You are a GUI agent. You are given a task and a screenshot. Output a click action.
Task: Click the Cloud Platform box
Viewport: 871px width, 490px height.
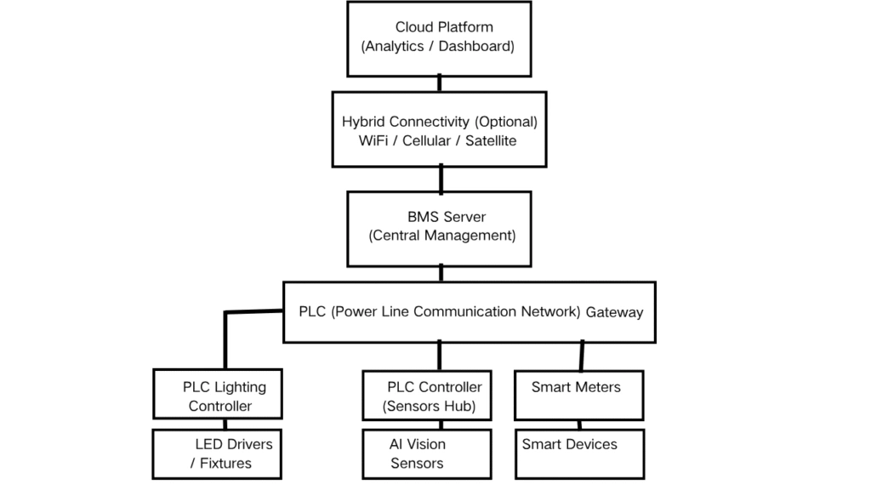click(438, 38)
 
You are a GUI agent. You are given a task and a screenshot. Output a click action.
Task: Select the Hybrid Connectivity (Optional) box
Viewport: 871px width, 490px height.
click(439, 130)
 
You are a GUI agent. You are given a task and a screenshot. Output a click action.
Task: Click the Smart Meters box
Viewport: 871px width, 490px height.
click(579, 395)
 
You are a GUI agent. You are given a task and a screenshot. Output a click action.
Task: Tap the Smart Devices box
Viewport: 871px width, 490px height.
click(579, 453)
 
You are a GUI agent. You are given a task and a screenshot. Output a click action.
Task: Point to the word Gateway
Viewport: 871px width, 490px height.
click(614, 312)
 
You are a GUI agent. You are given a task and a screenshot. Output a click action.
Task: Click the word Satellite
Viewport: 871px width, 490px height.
click(491, 140)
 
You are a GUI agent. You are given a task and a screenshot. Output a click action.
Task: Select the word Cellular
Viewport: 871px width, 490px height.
click(425, 140)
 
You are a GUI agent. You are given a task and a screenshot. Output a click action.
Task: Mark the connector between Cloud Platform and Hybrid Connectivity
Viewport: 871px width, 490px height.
click(439, 83)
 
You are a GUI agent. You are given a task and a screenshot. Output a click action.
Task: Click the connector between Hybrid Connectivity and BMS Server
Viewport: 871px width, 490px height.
click(441, 179)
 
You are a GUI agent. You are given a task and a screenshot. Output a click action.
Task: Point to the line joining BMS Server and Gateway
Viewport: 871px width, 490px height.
click(441, 273)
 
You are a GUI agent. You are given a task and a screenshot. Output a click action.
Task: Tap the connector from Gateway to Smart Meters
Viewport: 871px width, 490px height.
click(582, 356)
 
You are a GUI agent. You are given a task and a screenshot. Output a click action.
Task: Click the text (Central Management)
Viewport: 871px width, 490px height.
click(441, 236)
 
